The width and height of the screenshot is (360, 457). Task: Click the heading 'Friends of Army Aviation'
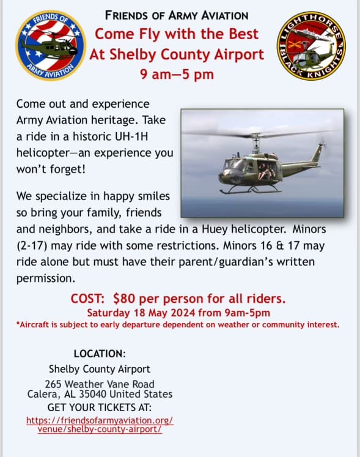(x=177, y=15)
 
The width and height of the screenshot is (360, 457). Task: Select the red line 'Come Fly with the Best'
(x=177, y=34)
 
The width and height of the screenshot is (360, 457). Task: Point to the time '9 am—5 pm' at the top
(x=177, y=76)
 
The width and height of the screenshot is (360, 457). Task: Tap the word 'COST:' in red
(x=90, y=299)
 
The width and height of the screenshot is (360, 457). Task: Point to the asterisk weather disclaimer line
(x=177, y=324)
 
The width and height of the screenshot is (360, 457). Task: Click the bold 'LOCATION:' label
(x=100, y=354)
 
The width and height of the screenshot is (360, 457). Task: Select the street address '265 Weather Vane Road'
(x=100, y=382)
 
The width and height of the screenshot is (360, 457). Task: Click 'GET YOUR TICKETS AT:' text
(x=100, y=407)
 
